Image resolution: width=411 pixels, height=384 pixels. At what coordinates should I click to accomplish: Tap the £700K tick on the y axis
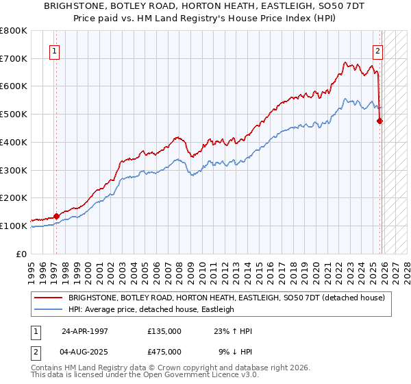pos(14,58)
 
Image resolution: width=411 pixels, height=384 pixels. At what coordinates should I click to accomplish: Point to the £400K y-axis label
pos(14,142)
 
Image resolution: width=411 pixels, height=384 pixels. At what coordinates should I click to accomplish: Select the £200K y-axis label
pos(14,197)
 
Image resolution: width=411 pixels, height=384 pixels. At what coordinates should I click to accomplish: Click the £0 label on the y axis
pos(22,254)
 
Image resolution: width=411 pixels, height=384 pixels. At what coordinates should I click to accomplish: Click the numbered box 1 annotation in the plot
pos(54,50)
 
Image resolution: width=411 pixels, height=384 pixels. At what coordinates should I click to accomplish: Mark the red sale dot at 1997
pos(57,216)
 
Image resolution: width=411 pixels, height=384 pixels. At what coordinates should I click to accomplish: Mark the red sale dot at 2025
pos(380,121)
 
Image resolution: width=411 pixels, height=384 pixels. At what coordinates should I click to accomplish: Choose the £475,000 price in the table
pos(164,351)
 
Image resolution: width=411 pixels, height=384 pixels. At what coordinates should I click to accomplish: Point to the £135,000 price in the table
pos(164,331)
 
